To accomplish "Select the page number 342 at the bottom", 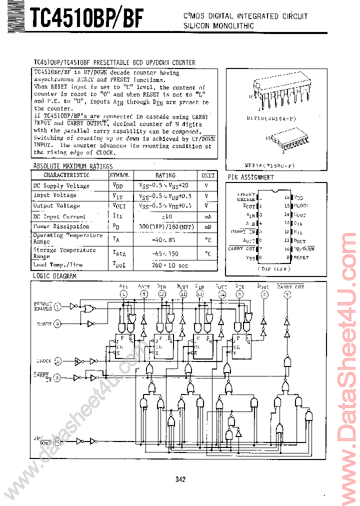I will pyautogui.click(x=180, y=479).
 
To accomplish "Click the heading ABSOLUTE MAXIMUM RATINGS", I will pyautogui.click(x=72, y=166).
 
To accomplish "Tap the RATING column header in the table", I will pyautogui.click(x=165, y=175).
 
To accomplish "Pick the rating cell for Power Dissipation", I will pyautogui.click(x=165, y=226).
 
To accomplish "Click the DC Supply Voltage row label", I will pyautogui.click(x=61, y=186).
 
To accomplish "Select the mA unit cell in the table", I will pyautogui.click(x=207, y=216).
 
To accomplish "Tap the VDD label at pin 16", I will pyautogui.click(x=298, y=198).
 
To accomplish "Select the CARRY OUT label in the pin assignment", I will pyautogui.click(x=242, y=248).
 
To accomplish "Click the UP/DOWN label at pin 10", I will pyautogui.click(x=304, y=248).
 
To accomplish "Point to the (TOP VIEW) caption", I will pyautogui.click(x=274, y=268).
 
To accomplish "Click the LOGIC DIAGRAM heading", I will pyautogui.click(x=54, y=276).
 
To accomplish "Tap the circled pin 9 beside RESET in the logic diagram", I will pyautogui.click(x=57, y=324).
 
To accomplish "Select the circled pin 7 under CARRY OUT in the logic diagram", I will pyautogui.click(x=286, y=294).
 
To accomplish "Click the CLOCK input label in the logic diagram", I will pyautogui.click(x=43, y=360).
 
